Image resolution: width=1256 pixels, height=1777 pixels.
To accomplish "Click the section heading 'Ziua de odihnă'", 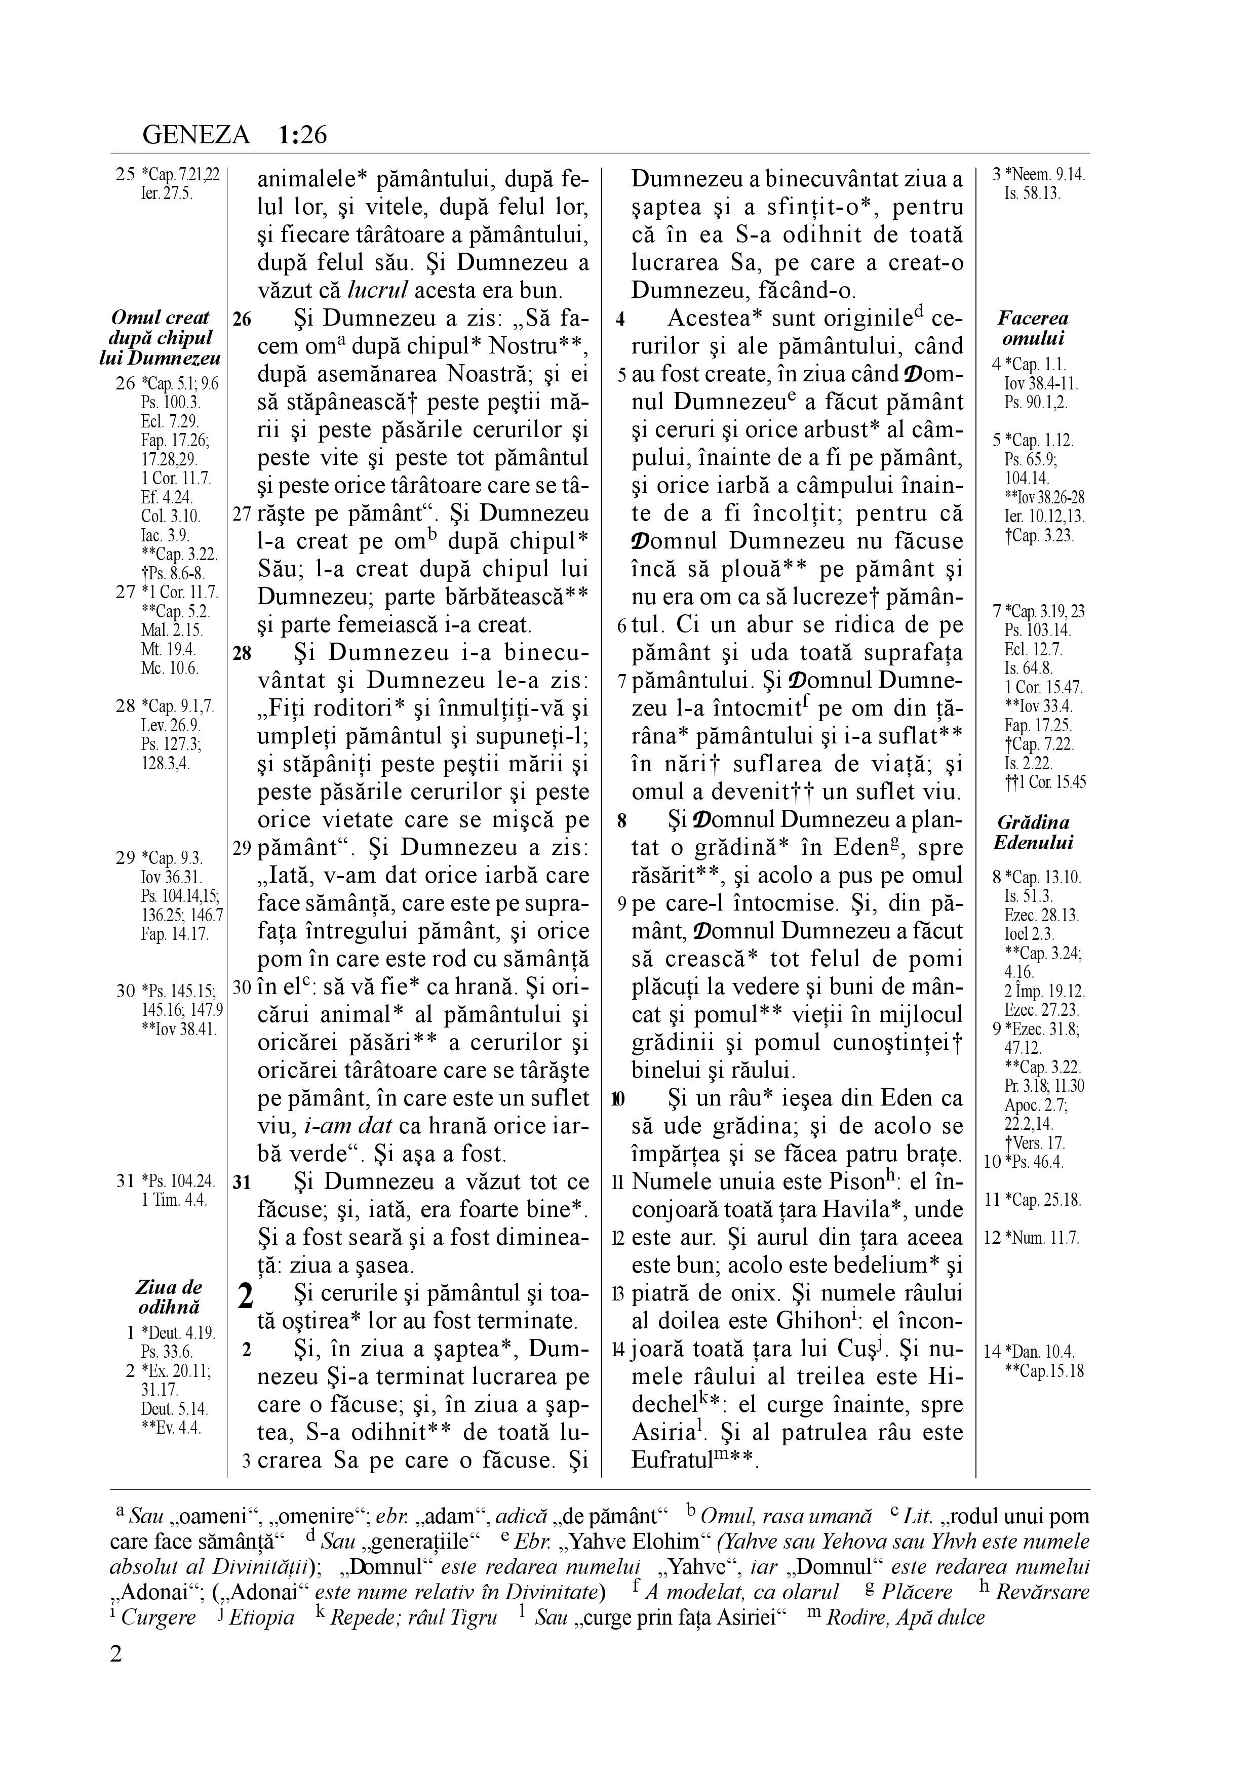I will pos(169,1297).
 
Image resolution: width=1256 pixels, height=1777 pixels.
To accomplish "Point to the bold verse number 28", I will pos(242,652).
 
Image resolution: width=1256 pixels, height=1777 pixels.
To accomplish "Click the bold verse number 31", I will pos(242,1182).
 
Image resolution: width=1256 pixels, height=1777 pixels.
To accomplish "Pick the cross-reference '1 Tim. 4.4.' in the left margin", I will pos(175,1200).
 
